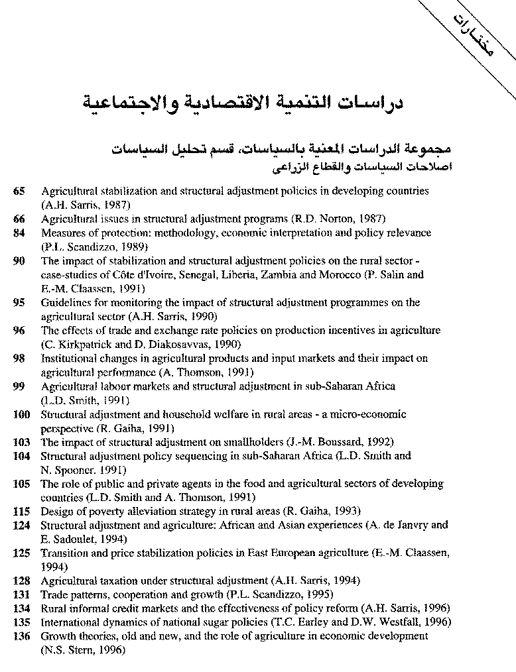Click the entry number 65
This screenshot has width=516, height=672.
[x=19, y=191]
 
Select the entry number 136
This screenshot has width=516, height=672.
[x=22, y=636]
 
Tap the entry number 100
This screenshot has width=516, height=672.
[x=22, y=414]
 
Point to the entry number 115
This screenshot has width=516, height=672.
[x=22, y=511]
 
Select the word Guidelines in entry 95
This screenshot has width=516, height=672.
[x=64, y=303]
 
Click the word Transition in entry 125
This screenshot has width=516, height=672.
[x=64, y=553]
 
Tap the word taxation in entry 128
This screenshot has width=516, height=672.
[x=117, y=581]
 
